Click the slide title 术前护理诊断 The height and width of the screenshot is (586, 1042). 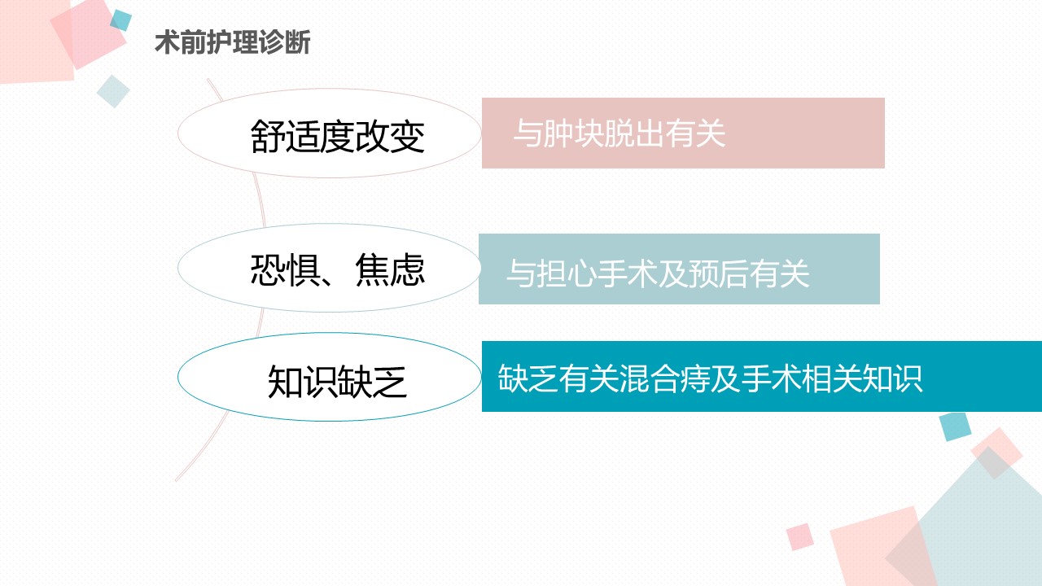click(x=233, y=42)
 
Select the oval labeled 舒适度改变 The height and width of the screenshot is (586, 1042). click(x=330, y=133)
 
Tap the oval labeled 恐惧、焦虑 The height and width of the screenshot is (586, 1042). click(x=330, y=268)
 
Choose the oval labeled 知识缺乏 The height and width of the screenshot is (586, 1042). click(x=330, y=377)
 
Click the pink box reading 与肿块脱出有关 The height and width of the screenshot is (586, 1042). click(x=683, y=133)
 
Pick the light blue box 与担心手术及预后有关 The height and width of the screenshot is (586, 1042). click(x=679, y=269)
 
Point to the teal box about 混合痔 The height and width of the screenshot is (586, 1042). click(x=762, y=376)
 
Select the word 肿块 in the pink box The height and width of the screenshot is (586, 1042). click(x=573, y=133)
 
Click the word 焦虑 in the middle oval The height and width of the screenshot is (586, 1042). click(x=390, y=269)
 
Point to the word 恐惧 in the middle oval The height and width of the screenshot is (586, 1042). click(x=285, y=269)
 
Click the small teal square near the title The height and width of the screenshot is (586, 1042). click(x=121, y=20)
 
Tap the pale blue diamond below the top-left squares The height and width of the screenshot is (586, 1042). click(x=113, y=91)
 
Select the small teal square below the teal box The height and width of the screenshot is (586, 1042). click(x=956, y=426)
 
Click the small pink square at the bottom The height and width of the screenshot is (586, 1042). click(x=800, y=536)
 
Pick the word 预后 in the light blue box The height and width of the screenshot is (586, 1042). click(x=718, y=273)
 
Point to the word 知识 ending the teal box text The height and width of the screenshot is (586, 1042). click(x=892, y=378)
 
